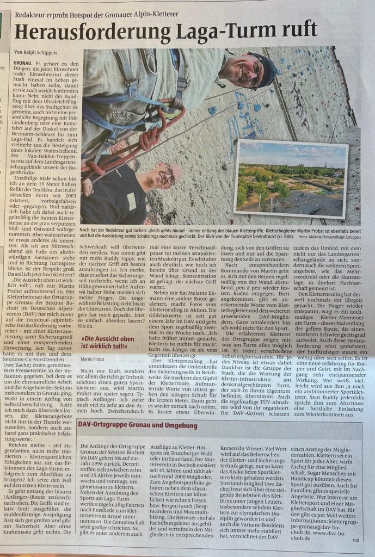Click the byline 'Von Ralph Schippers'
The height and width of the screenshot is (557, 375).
click(x=37, y=53)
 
